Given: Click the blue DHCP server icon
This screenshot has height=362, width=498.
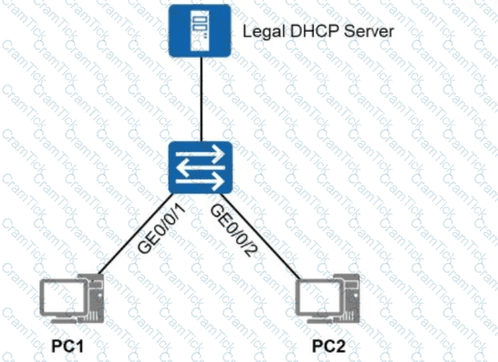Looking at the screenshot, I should coord(201,30).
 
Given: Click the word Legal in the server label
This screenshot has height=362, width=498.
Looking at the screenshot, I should coord(257,32).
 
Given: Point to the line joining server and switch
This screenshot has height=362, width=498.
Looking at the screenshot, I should coord(201,98).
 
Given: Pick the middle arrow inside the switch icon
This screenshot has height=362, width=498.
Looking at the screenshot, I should coord(201,167).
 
